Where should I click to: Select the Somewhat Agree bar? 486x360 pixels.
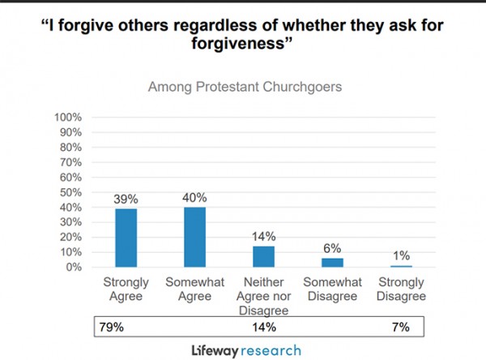pyautogui.click(x=195, y=237)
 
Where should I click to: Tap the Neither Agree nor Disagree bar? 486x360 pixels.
pyautogui.click(x=264, y=256)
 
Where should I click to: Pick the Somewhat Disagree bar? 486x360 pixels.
pyautogui.click(x=333, y=262)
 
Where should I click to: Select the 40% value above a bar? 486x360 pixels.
pyautogui.click(x=195, y=198)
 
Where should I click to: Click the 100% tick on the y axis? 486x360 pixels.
pyautogui.click(x=67, y=118)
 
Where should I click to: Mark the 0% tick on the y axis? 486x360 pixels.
pyautogui.click(x=73, y=267)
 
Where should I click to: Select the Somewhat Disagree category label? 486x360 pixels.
pyautogui.click(x=333, y=291)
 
